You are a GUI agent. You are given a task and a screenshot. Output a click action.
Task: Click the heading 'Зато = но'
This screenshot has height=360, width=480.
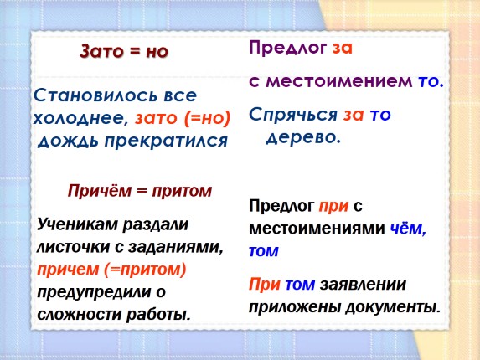pos(124,51)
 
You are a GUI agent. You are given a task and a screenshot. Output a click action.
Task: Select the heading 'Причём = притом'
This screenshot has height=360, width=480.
pos(140,191)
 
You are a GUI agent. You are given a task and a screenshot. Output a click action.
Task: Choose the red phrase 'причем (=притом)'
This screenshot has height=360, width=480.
pos(111,270)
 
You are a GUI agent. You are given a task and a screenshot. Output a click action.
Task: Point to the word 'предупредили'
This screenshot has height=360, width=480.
pos(91,292)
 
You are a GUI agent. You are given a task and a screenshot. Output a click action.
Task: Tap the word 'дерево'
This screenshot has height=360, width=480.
pos(302,137)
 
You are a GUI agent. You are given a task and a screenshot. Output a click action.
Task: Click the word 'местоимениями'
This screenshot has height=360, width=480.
pos(316,229)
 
